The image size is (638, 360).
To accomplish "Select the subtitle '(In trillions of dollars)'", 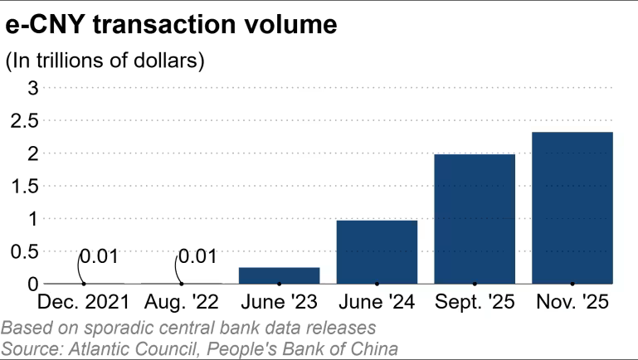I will pos(105,61).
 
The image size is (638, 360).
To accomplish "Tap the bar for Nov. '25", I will pos(572,208).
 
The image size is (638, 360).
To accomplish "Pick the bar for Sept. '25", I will pos(475,219).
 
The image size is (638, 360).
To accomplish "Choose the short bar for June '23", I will pos(279,275).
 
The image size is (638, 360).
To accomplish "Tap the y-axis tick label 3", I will pos(33,87).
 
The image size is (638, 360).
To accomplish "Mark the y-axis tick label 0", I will pos(33,284).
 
